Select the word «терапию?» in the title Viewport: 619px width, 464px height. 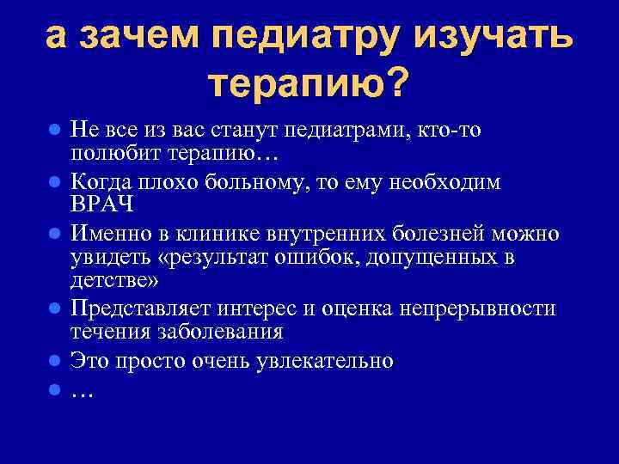[309, 83]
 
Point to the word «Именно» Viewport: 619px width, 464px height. [108, 234]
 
